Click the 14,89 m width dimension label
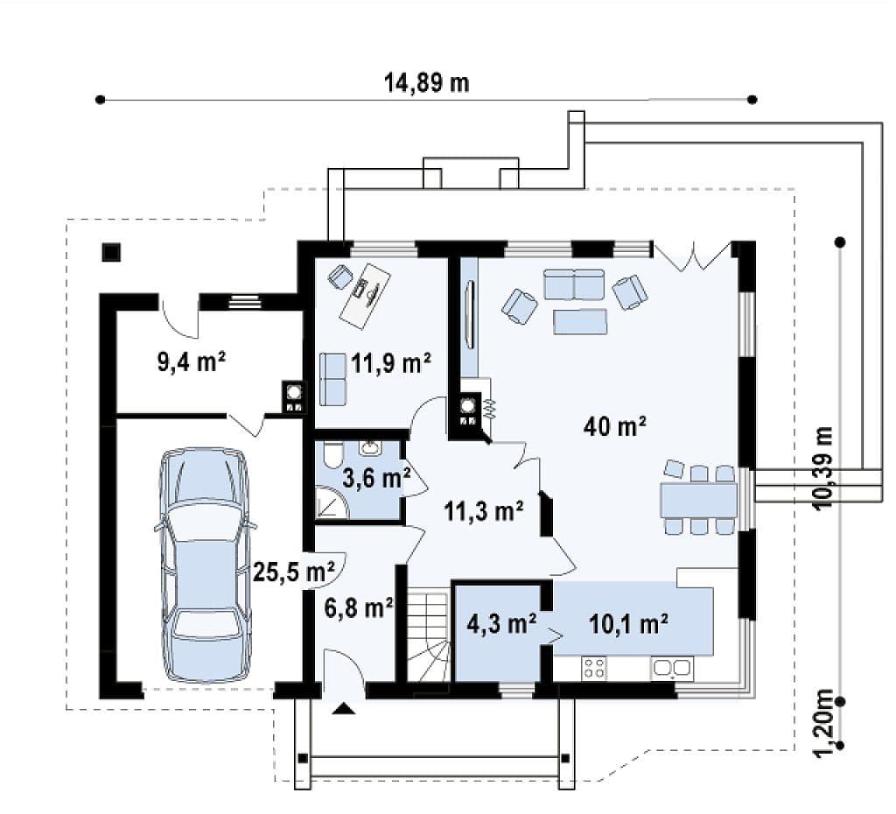(426, 82)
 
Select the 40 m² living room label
(615, 426)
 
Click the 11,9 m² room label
(391, 363)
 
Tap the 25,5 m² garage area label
(293, 572)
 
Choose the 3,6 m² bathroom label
(376, 478)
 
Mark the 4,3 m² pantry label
(501, 623)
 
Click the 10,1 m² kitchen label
(628, 624)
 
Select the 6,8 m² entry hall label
(358, 607)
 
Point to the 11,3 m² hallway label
(484, 511)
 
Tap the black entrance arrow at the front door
(344, 709)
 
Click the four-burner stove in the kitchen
(594, 668)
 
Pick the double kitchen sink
(672, 668)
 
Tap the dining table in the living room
(699, 500)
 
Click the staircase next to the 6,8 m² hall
(427, 637)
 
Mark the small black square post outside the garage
(111, 252)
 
